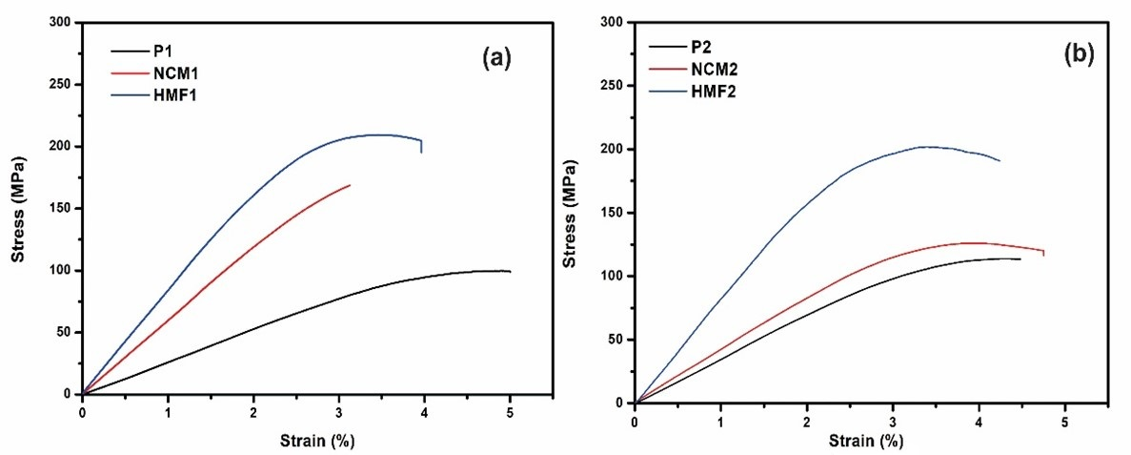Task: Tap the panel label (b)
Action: pos(1079,54)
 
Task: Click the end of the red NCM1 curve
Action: pos(350,185)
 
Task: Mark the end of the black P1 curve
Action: pos(511,272)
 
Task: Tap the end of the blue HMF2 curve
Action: pos(1000,160)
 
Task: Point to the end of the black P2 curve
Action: pos(1020,259)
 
